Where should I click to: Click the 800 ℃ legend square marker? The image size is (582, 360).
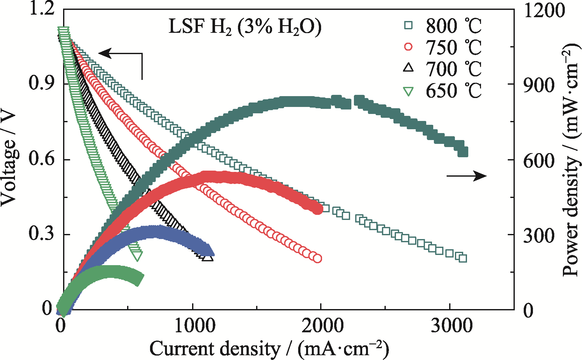click(408, 25)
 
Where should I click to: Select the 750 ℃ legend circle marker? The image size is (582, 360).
click(408, 47)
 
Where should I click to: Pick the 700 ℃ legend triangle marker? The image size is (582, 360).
click(408, 68)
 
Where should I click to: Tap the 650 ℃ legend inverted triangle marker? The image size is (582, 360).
click(408, 91)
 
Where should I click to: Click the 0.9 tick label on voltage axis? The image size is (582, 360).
click(40, 84)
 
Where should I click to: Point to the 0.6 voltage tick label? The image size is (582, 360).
click(40, 159)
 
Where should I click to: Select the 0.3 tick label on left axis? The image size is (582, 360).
click(40, 235)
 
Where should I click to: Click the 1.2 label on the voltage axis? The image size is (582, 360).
click(40, 9)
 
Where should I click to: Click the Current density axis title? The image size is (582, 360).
click(269, 349)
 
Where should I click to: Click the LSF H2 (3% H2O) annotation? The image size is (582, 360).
click(245, 27)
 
